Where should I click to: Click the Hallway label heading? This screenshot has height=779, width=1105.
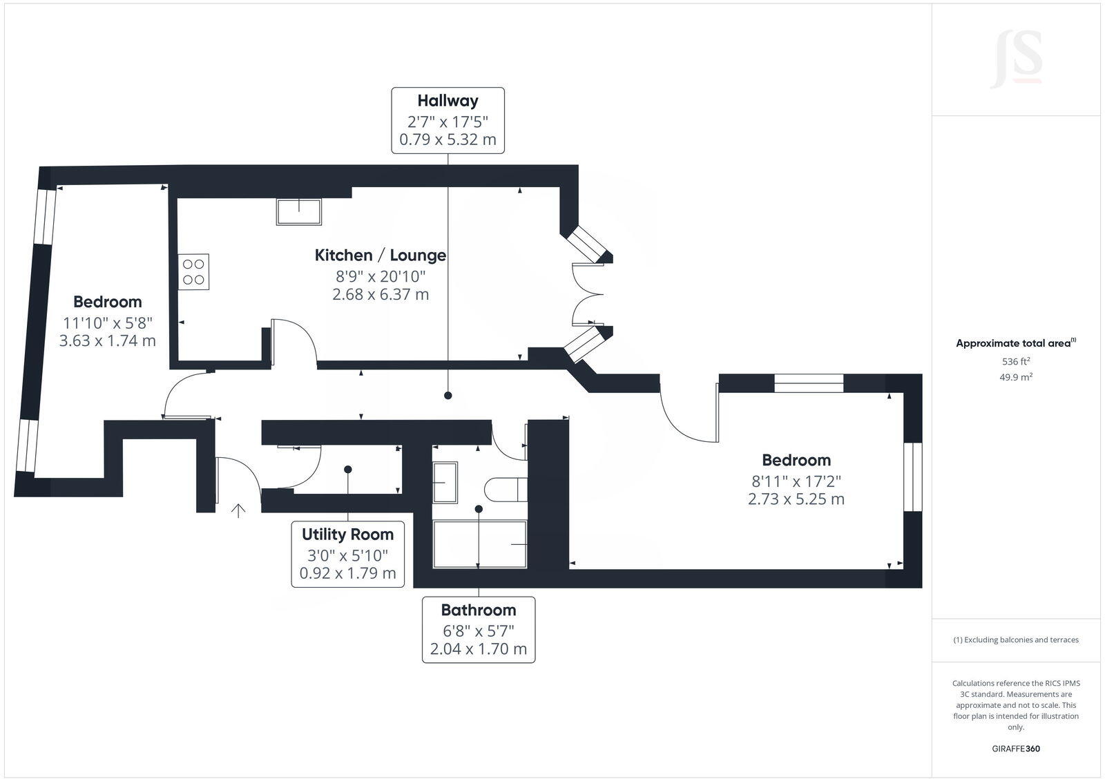448,101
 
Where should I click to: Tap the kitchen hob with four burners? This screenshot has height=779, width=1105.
194,271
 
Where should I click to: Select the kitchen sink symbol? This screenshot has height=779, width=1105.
299,211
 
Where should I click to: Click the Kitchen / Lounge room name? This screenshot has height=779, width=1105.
380,256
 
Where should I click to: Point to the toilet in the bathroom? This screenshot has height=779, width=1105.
505,490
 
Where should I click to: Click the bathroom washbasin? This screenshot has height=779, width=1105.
444,482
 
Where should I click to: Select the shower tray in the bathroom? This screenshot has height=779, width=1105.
479,544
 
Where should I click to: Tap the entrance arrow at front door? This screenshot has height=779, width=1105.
238,511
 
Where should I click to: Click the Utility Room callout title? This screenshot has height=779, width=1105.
347,535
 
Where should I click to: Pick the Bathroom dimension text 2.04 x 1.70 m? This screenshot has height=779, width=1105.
478,649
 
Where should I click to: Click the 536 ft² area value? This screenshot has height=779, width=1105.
1016,361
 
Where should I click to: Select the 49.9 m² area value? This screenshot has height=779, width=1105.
1016,377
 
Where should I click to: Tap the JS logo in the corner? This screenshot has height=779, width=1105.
1016,59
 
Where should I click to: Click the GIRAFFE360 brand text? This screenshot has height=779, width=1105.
1016,749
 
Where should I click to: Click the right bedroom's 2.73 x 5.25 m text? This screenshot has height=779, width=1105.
796,499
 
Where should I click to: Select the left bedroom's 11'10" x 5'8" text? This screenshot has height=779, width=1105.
107,323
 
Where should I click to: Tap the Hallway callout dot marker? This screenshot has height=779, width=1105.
448,396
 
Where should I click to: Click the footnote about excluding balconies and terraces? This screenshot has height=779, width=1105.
1016,639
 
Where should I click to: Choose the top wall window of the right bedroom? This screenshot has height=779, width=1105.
809,383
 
